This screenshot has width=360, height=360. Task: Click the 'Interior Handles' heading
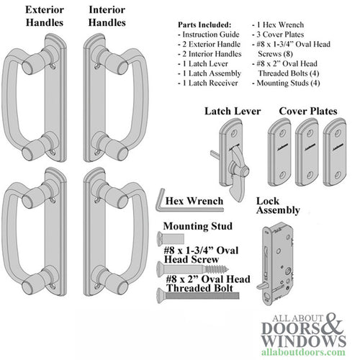[110, 17]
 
